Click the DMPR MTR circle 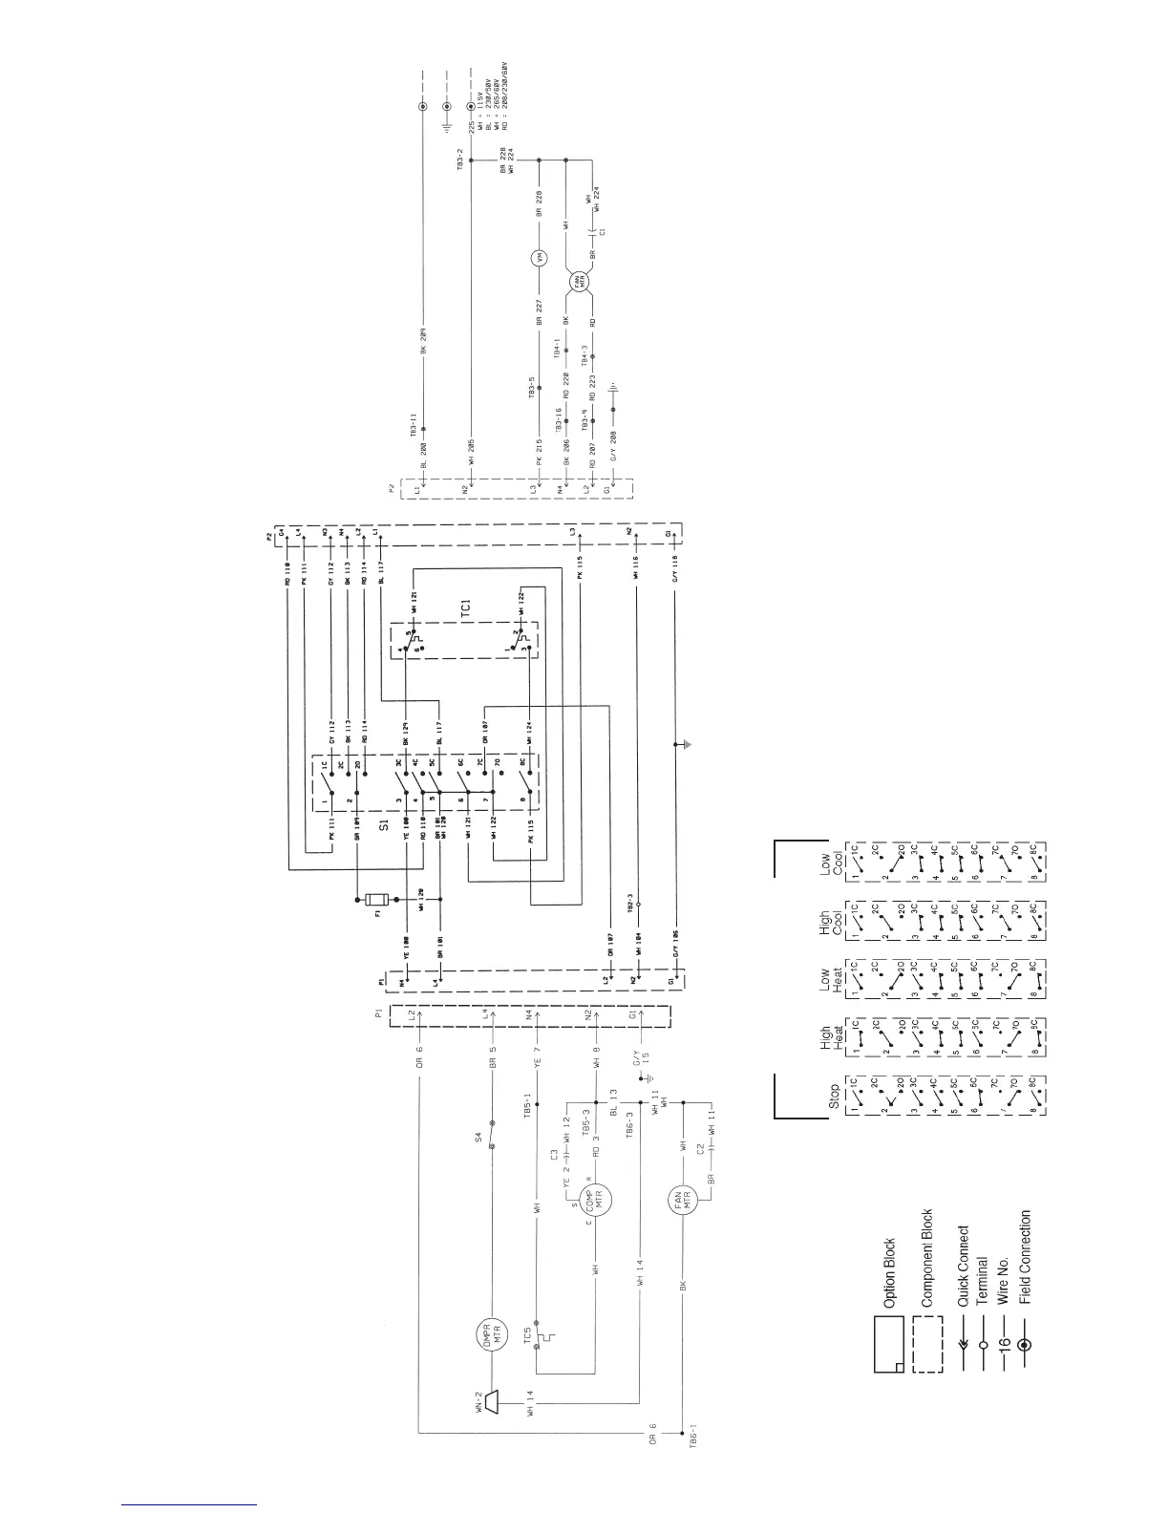[491, 1333]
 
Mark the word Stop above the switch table [835, 1093]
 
